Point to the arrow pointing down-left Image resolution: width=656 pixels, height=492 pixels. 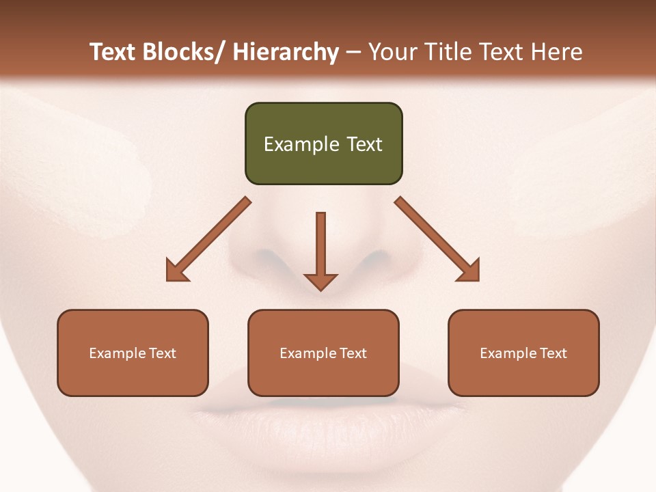pyautogui.click(x=208, y=239)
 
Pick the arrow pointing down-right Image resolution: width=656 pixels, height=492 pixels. pyautogui.click(x=437, y=239)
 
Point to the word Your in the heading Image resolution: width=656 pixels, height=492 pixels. pyautogui.click(x=393, y=52)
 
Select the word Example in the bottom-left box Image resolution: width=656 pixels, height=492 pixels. pyautogui.click(x=117, y=353)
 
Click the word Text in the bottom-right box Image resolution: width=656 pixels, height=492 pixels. pyautogui.click(x=552, y=353)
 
